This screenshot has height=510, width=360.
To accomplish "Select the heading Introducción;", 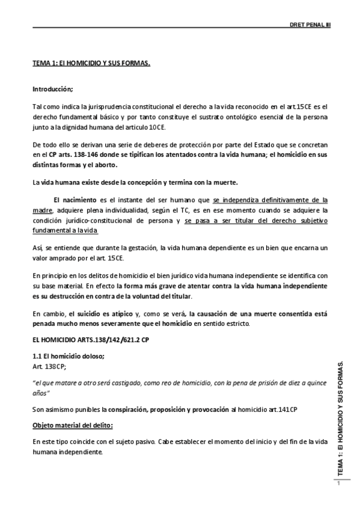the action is point(52,89).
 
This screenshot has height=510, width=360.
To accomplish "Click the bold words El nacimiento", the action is point(73,199).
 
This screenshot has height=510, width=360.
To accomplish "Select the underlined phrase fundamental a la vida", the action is point(65,231).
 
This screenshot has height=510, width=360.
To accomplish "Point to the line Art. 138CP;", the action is point(49,365).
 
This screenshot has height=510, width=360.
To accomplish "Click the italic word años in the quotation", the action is point(40,392).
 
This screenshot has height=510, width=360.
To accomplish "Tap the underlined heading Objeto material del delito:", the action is point(73,425).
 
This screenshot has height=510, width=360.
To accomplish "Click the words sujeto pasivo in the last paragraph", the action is point(147,442).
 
